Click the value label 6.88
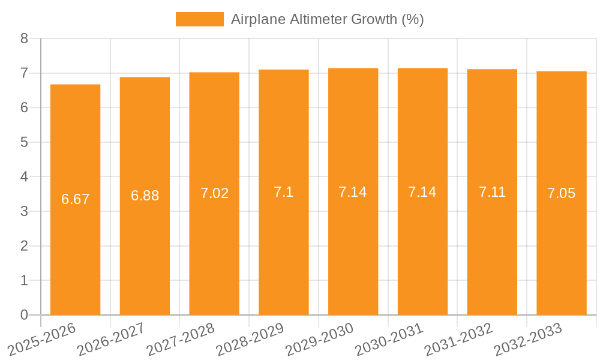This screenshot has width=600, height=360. (x=145, y=196)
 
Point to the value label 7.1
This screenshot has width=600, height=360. (x=283, y=193)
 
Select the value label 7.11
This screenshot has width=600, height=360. (x=492, y=192)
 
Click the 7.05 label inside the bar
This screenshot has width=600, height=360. (x=561, y=193)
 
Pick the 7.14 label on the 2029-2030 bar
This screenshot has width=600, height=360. (x=353, y=192)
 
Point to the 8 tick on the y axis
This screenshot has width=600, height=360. (x=25, y=38)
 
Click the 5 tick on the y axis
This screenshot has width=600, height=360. (x=25, y=142)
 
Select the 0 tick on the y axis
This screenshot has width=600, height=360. (x=25, y=315)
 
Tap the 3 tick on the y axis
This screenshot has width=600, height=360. (x=25, y=211)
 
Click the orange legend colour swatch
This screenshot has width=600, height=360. (x=199, y=19)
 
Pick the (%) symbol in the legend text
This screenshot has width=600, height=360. (x=412, y=19)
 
